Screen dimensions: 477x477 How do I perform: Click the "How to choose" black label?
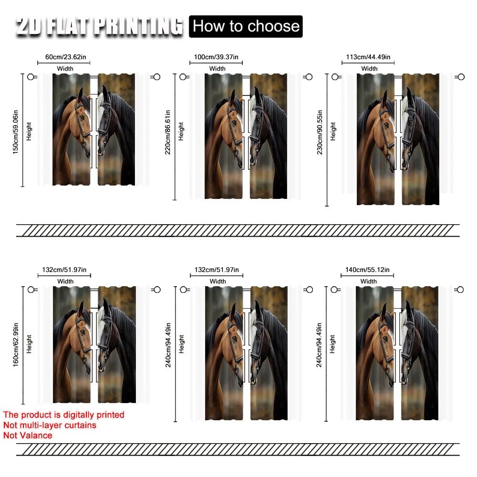coord(246,26)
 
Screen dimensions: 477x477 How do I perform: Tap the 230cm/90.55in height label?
coord(320,139)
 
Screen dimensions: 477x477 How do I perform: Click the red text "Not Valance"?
coord(28,435)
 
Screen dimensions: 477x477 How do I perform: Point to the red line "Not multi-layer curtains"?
coord(50,425)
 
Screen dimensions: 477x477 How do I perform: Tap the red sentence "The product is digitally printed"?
coord(63,415)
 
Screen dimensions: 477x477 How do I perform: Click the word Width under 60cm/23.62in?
coord(65,69)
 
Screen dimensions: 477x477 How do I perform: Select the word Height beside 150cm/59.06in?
coord(29,130)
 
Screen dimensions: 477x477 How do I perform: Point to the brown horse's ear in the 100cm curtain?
coord(232,98)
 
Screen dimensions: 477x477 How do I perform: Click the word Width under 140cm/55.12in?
coord(368,281)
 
